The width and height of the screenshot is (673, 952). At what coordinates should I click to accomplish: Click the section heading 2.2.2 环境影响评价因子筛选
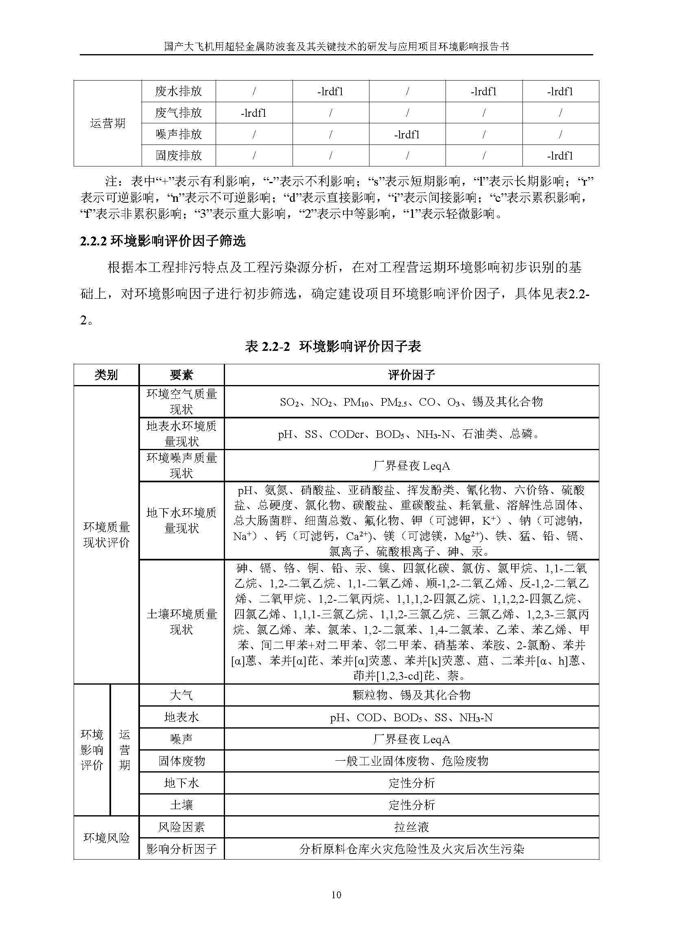tap(163, 241)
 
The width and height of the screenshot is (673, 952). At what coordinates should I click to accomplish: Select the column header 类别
tap(106, 375)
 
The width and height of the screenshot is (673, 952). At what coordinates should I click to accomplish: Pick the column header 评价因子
tap(411, 375)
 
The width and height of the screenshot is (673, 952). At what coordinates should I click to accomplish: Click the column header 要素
tap(181, 375)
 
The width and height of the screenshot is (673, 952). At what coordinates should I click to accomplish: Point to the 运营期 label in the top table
tap(107, 124)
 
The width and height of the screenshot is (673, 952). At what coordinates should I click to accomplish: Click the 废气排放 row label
tap(178, 113)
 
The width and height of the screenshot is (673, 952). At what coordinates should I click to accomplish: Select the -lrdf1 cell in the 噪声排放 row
tap(407, 134)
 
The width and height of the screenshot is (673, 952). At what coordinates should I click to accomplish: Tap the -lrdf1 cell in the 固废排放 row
tap(560, 156)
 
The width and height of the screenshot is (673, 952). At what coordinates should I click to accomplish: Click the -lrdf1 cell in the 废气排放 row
tap(253, 113)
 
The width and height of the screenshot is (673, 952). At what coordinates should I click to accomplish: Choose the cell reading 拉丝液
tap(411, 827)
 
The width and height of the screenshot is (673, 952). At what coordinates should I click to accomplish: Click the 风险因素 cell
tap(181, 827)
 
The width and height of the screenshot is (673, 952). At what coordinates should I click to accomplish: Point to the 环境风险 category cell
tap(107, 838)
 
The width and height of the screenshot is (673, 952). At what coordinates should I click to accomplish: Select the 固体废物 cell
tap(181, 761)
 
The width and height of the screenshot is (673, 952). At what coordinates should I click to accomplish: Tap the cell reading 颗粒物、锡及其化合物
tap(411, 695)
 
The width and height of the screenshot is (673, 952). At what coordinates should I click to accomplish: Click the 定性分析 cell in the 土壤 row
tap(411, 805)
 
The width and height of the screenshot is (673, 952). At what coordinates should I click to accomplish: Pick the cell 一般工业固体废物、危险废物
tap(411, 761)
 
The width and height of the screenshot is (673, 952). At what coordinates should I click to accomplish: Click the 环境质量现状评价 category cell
tap(107, 535)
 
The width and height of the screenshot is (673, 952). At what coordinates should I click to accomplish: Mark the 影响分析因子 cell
tap(181, 849)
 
